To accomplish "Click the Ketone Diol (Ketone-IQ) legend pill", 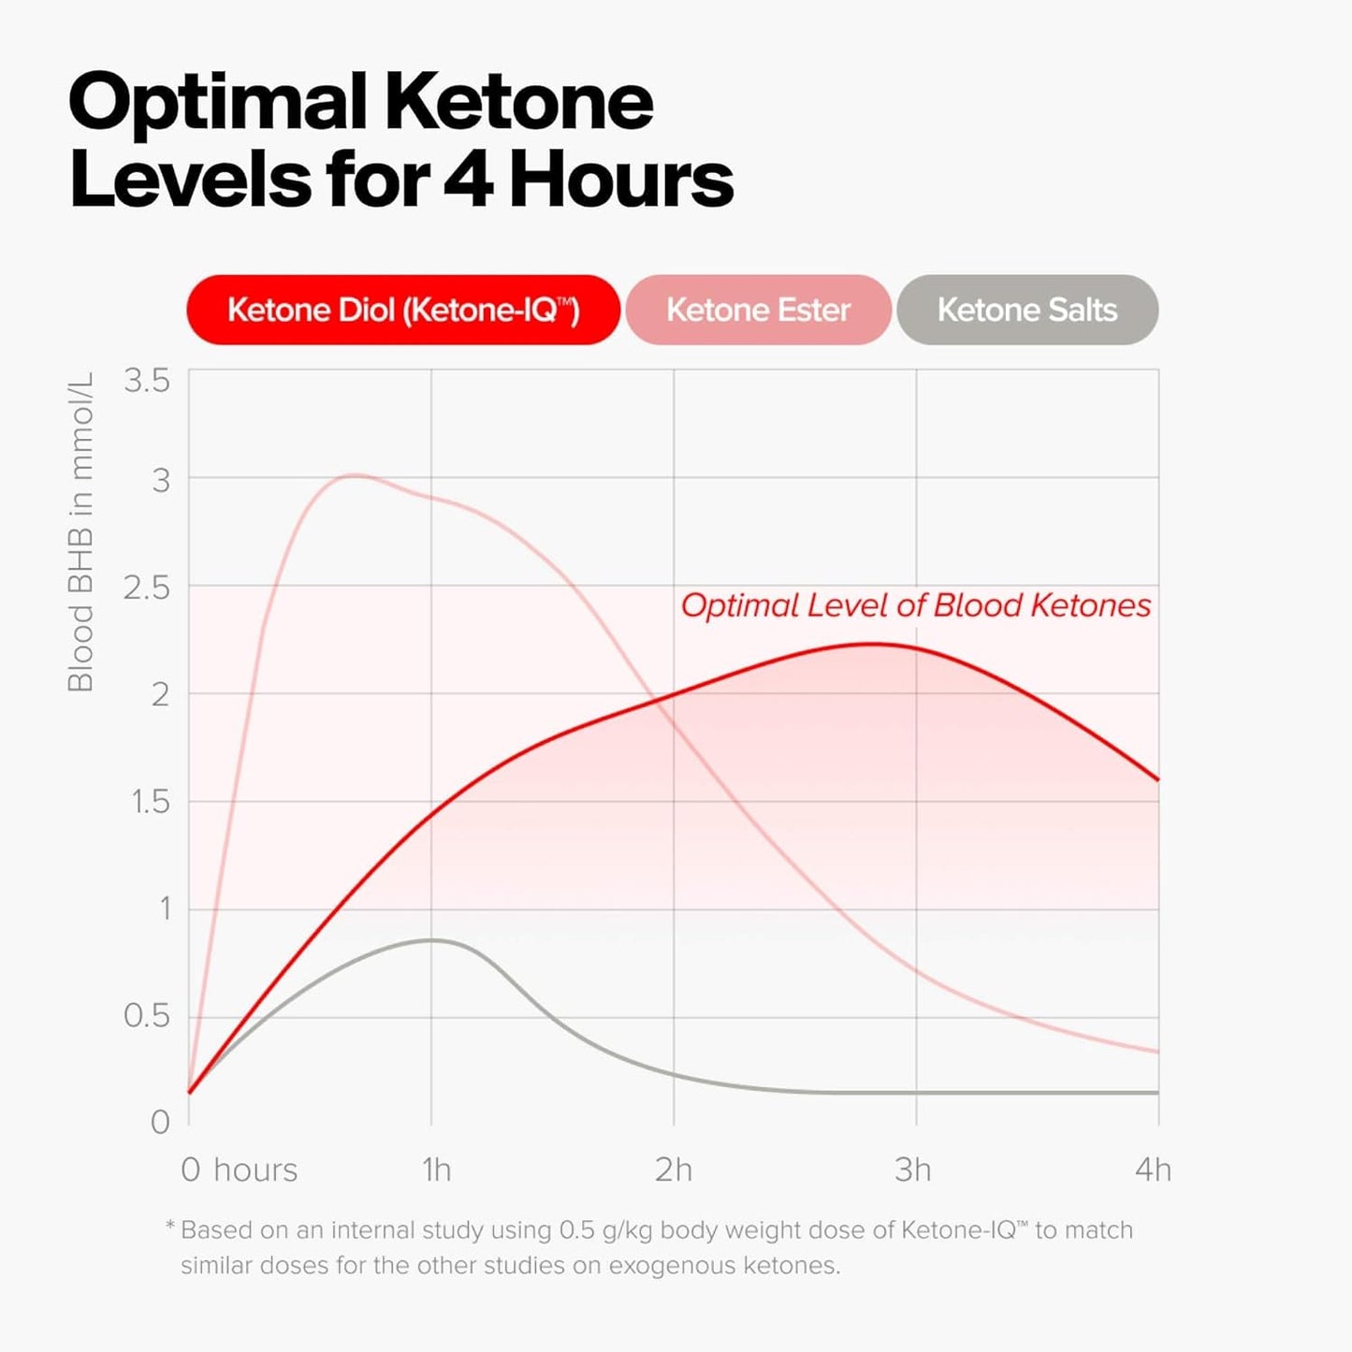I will pos(403,310).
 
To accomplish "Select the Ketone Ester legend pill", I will pos(758,310).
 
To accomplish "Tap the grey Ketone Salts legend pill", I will pos(1027,310).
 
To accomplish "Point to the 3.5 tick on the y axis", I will pos(147,381).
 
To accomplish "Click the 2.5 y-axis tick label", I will pos(147,588).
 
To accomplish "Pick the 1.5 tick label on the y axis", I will pos(150,802).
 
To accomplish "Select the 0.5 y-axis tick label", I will pos(147,1016).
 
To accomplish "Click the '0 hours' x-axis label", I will pos(239,1170).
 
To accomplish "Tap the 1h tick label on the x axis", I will pos(436,1170).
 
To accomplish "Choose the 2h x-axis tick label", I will pos(674,1170).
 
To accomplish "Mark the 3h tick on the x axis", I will pos(913,1170).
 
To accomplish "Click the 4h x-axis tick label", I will pos(1153,1170).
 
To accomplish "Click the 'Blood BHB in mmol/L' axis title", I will pos(80,531).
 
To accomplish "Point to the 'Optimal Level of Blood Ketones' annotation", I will pos(916,605).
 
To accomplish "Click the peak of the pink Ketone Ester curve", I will pos(353,475).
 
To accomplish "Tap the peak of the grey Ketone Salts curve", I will pos(431,939).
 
